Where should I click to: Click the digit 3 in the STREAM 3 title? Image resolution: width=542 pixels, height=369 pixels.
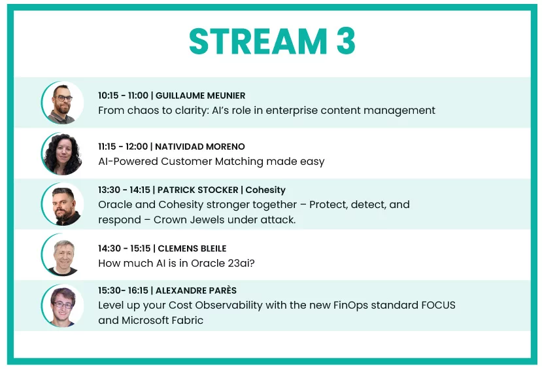click(346, 41)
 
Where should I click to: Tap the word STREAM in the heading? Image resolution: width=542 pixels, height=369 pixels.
click(258, 41)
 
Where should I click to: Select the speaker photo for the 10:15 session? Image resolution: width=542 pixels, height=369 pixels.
click(63, 102)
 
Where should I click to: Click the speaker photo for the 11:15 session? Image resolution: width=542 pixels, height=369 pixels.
click(63, 154)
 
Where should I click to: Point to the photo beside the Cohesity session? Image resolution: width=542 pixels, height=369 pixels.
click(63, 204)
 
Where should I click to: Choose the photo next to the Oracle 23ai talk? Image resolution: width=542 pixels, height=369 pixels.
click(63, 255)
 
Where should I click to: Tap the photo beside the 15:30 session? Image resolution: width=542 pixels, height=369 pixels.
click(63, 306)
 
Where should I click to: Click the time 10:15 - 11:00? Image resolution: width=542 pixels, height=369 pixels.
click(123, 96)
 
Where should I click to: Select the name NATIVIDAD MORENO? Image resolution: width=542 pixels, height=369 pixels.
click(200, 147)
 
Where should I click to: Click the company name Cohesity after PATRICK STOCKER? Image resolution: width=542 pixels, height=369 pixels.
click(265, 190)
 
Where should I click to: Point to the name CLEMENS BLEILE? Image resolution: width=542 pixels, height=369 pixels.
click(192, 249)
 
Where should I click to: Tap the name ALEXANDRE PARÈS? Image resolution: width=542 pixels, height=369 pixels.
click(196, 290)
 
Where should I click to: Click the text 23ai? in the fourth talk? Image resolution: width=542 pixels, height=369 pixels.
click(241, 264)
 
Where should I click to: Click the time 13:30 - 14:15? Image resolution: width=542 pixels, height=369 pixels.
click(124, 190)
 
